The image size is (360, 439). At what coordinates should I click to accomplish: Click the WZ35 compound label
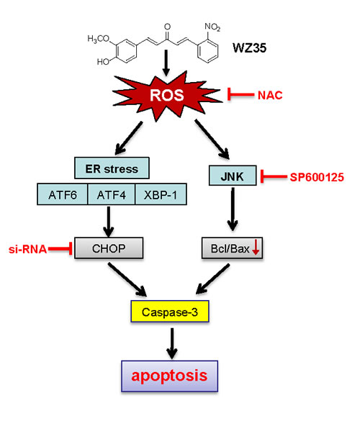click(x=249, y=48)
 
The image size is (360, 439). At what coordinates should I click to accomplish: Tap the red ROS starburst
click(x=167, y=96)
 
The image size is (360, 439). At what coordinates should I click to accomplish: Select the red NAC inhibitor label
click(x=270, y=96)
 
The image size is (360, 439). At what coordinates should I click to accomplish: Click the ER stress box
click(x=112, y=168)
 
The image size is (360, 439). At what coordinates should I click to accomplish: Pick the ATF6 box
click(x=63, y=194)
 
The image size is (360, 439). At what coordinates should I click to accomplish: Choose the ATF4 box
click(x=112, y=194)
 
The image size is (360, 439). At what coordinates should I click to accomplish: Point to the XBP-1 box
click(x=161, y=194)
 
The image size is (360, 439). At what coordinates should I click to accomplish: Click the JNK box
click(x=233, y=176)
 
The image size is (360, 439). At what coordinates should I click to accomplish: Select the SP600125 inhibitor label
click(x=317, y=177)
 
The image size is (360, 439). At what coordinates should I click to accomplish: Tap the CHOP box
click(x=109, y=248)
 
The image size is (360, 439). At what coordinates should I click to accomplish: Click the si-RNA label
click(x=27, y=249)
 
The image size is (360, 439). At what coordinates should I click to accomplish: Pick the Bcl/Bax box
click(x=232, y=248)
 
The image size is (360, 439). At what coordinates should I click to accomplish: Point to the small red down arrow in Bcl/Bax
click(x=255, y=248)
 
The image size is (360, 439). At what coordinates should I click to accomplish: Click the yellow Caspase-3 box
click(x=170, y=312)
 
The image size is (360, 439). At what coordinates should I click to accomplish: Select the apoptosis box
click(x=169, y=376)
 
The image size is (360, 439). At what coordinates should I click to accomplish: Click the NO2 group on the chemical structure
click(x=212, y=27)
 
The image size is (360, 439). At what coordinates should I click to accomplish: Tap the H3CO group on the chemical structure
click(x=99, y=39)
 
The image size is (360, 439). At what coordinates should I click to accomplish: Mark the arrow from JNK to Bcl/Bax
click(x=233, y=209)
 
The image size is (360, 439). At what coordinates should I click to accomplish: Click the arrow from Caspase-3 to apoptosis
click(x=172, y=343)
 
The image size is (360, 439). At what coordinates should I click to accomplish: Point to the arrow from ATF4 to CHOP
click(x=109, y=222)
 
